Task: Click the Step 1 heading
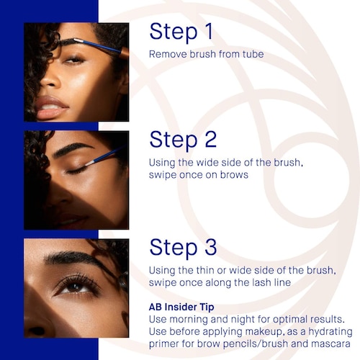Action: pos(181,32)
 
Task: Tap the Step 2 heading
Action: pos(183,140)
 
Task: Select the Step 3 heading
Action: pos(183,248)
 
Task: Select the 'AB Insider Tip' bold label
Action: pos(181,307)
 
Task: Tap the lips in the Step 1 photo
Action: pos(51,109)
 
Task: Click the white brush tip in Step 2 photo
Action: pos(90,163)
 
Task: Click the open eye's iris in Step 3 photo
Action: pos(76,287)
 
